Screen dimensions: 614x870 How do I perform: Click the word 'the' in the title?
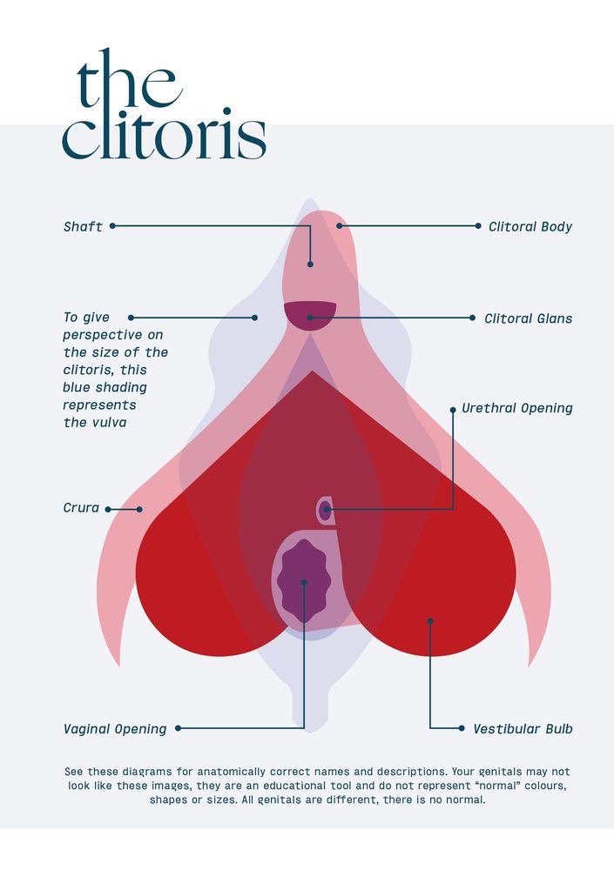pos(130,79)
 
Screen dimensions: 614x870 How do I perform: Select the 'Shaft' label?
pos(83,226)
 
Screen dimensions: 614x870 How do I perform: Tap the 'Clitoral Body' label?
pos(530,226)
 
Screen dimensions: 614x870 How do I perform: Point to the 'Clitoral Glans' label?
pos(528,318)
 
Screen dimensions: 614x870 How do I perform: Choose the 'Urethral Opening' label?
pos(516,408)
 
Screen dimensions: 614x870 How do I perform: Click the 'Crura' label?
pos(81,508)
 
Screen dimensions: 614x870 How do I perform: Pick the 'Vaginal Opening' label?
pos(115,729)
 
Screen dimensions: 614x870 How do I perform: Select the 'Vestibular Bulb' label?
pos(523,728)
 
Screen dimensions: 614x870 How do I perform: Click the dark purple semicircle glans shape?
pos(310,315)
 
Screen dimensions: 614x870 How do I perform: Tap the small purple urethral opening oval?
pos(326,510)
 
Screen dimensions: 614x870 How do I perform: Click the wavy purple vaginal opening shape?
pos(303,580)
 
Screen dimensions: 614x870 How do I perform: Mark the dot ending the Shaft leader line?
pos(310,264)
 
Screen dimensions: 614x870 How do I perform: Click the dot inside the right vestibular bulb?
pos(430,621)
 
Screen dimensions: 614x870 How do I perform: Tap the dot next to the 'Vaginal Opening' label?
pos(178,728)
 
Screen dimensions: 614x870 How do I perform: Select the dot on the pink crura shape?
pos(139,509)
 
